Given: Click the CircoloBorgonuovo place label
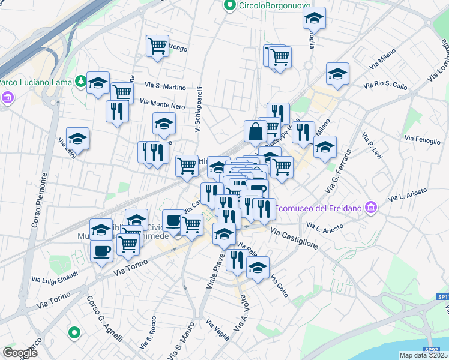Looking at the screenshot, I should coord(266,6).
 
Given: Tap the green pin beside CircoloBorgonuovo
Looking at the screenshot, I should coord(229,6).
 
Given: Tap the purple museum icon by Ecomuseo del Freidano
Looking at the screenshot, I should coord(372,208).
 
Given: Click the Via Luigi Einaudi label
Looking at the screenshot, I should coord(55,276).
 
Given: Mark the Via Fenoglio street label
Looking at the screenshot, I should coord(423,139).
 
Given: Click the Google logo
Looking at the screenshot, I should coord(20,353).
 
